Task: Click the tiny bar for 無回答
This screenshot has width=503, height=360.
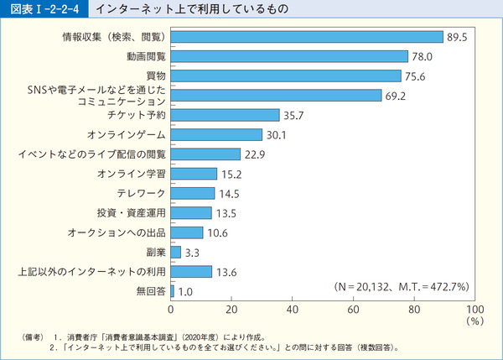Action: point(172,290)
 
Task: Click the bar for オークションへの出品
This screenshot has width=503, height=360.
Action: point(187,232)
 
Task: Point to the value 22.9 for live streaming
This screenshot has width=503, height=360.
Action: point(255,154)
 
